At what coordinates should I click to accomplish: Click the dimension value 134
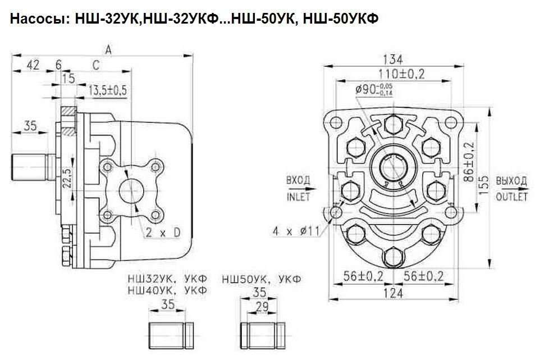pyautogui.click(x=392, y=60)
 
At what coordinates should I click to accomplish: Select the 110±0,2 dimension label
pyautogui.click(x=401, y=74)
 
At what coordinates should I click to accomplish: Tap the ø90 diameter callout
pyautogui.click(x=374, y=89)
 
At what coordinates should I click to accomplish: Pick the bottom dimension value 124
pyautogui.click(x=393, y=293)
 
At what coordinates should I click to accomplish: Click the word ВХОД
pyautogui.click(x=298, y=180)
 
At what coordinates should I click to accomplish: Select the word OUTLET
pyautogui.click(x=511, y=197)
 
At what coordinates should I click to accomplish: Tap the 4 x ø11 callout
pyautogui.click(x=296, y=231)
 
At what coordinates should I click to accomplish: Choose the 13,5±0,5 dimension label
pyautogui.click(x=108, y=90)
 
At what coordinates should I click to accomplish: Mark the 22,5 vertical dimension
pyautogui.click(x=68, y=178)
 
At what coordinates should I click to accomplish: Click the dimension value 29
pyautogui.click(x=262, y=307)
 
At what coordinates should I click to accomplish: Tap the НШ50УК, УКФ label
pyautogui.click(x=262, y=279)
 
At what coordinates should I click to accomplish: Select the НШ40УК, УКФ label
pyautogui.click(x=167, y=290)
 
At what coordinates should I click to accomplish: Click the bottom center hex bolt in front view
pyautogui.click(x=393, y=257)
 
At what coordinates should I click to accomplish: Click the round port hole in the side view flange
pyautogui.click(x=131, y=191)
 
